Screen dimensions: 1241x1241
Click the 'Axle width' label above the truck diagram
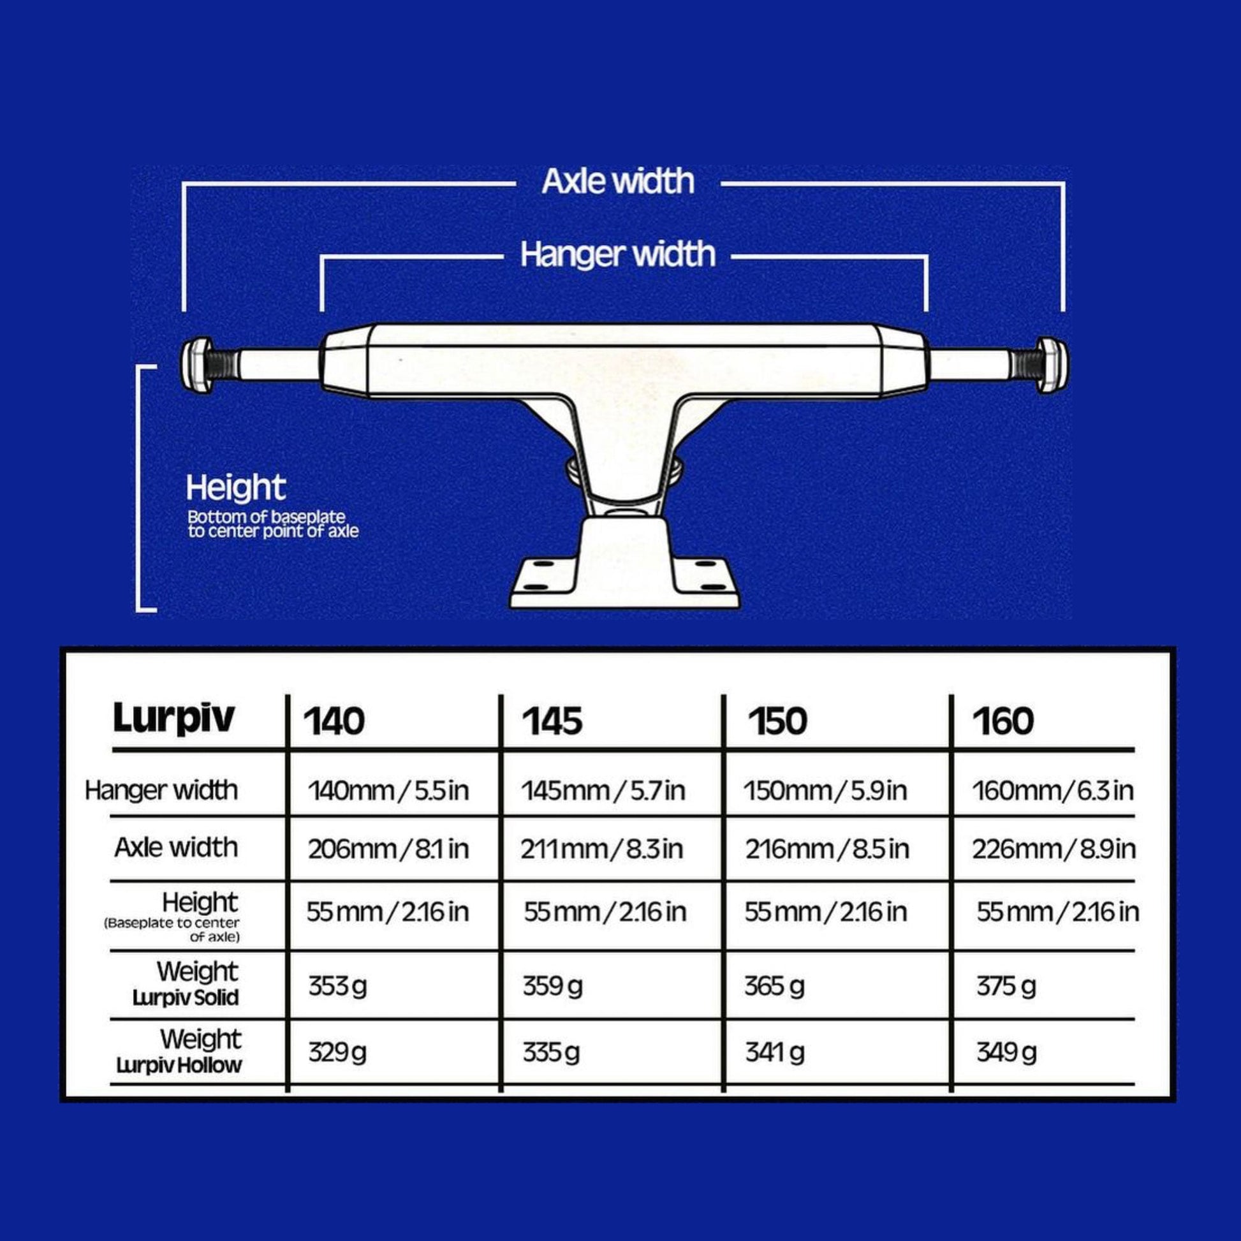(618, 181)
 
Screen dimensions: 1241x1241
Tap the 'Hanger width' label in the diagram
(618, 254)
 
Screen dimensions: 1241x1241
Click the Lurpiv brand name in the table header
(173, 718)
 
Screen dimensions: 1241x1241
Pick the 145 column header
(552, 721)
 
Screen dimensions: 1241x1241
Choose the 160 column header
(1002, 721)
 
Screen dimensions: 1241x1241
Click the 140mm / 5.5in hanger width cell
(388, 791)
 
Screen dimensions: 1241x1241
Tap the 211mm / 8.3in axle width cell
(602, 849)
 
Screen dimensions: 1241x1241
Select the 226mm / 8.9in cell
(1054, 849)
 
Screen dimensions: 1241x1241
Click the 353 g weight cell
(337, 986)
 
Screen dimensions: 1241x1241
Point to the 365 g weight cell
(774, 986)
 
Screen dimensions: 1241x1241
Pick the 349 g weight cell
(1006, 1052)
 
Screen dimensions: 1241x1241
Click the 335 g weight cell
(551, 1052)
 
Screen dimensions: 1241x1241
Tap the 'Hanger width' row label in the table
(161, 790)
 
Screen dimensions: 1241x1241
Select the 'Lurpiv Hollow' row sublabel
(179, 1066)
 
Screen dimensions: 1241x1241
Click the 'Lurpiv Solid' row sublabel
(186, 997)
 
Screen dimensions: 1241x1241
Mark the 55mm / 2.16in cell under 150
(825, 912)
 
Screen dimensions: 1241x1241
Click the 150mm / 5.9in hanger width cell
(825, 791)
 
